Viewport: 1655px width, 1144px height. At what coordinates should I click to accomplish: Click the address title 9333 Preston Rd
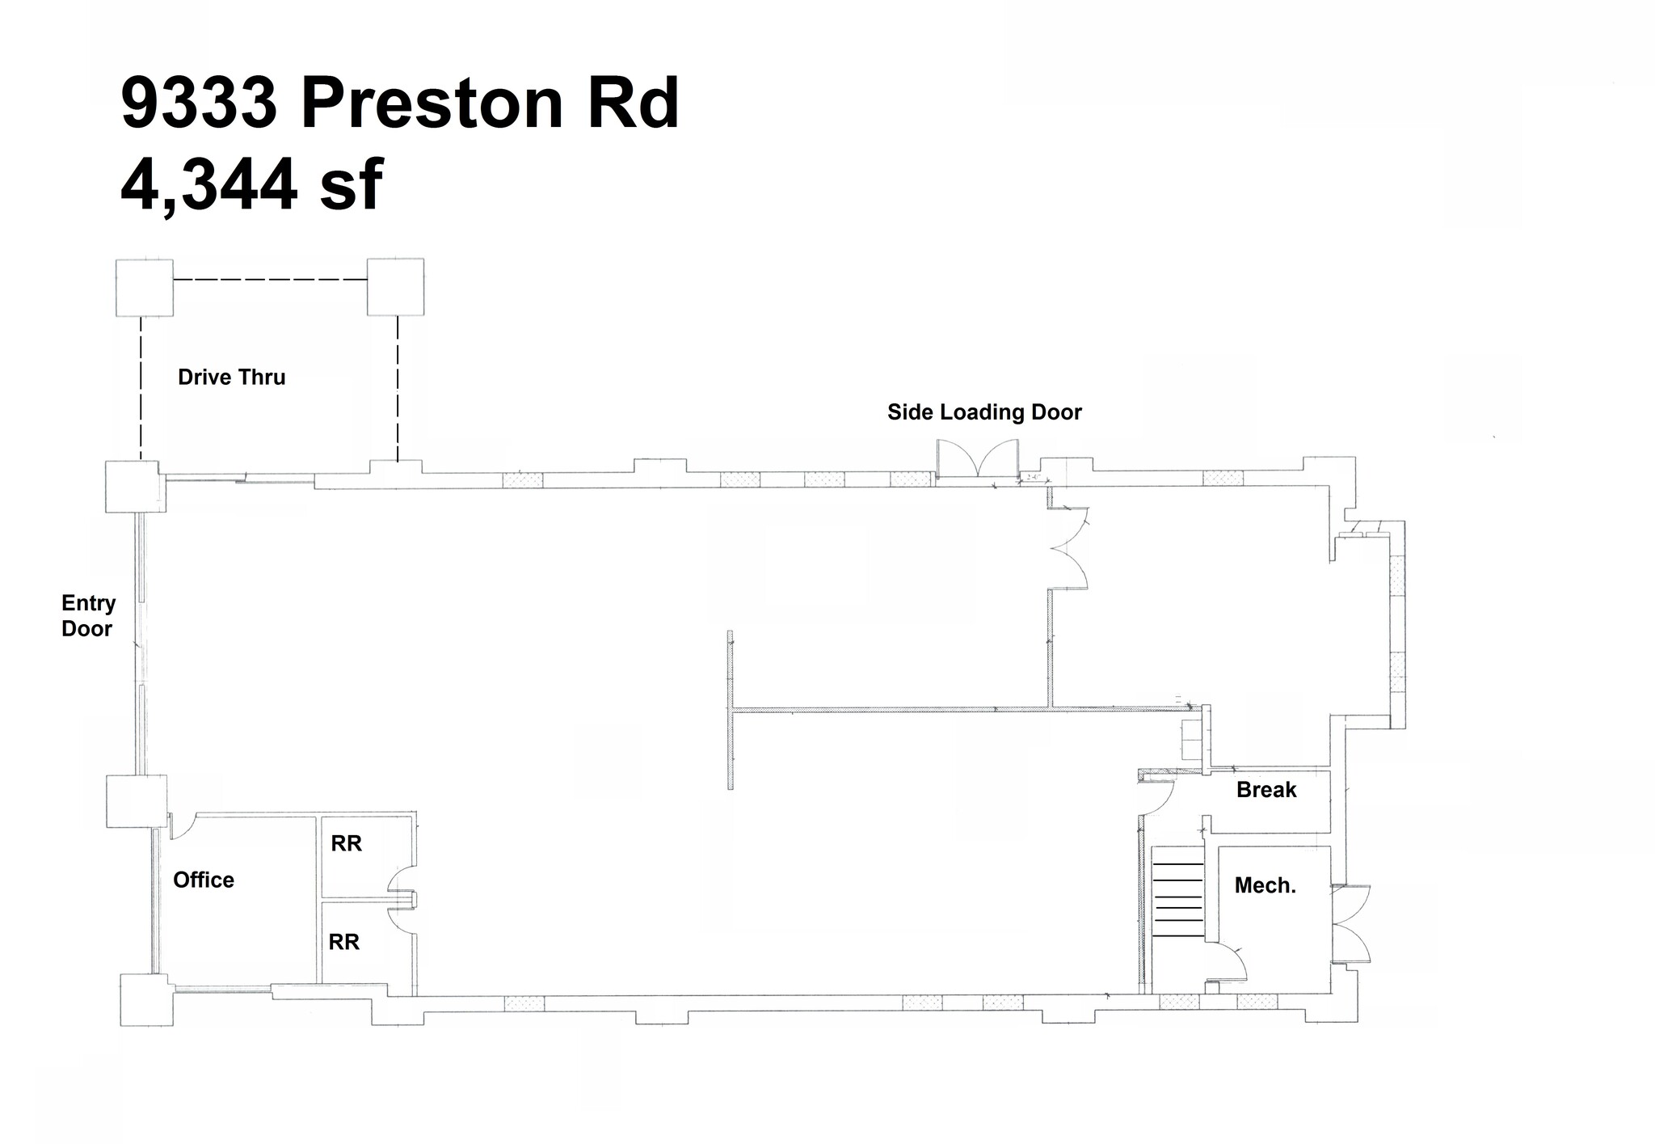(400, 103)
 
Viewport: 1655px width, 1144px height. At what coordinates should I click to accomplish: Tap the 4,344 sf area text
(251, 185)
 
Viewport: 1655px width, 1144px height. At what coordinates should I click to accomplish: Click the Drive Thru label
(231, 378)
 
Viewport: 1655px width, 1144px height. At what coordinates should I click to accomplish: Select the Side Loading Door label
(983, 412)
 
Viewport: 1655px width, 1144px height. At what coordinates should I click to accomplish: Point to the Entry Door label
(88, 616)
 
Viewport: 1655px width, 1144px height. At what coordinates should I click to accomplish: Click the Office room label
(204, 880)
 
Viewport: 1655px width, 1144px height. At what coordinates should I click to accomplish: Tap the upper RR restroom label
(346, 844)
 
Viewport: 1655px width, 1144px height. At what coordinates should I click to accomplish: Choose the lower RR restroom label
(343, 943)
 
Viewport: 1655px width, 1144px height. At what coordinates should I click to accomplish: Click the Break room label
(1266, 790)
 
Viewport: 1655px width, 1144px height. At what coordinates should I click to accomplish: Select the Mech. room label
(1265, 886)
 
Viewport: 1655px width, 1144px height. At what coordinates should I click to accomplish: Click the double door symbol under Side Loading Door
(978, 459)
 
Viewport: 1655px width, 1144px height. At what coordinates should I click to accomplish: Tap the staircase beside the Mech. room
(1177, 897)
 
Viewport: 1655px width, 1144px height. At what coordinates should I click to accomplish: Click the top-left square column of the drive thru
(145, 287)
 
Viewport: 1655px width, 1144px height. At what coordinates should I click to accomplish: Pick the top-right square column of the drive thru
(395, 287)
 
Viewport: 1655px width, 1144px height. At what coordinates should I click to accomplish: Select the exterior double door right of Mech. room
(1352, 922)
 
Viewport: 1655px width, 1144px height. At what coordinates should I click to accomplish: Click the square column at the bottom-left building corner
(146, 999)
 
